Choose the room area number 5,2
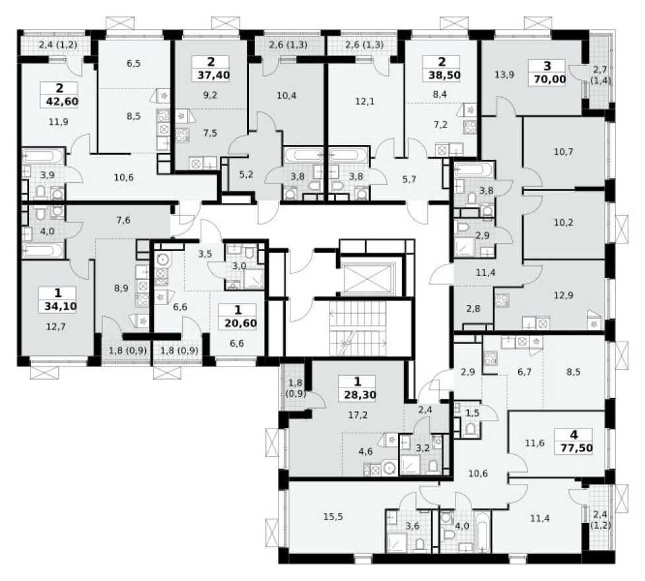point(244,175)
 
